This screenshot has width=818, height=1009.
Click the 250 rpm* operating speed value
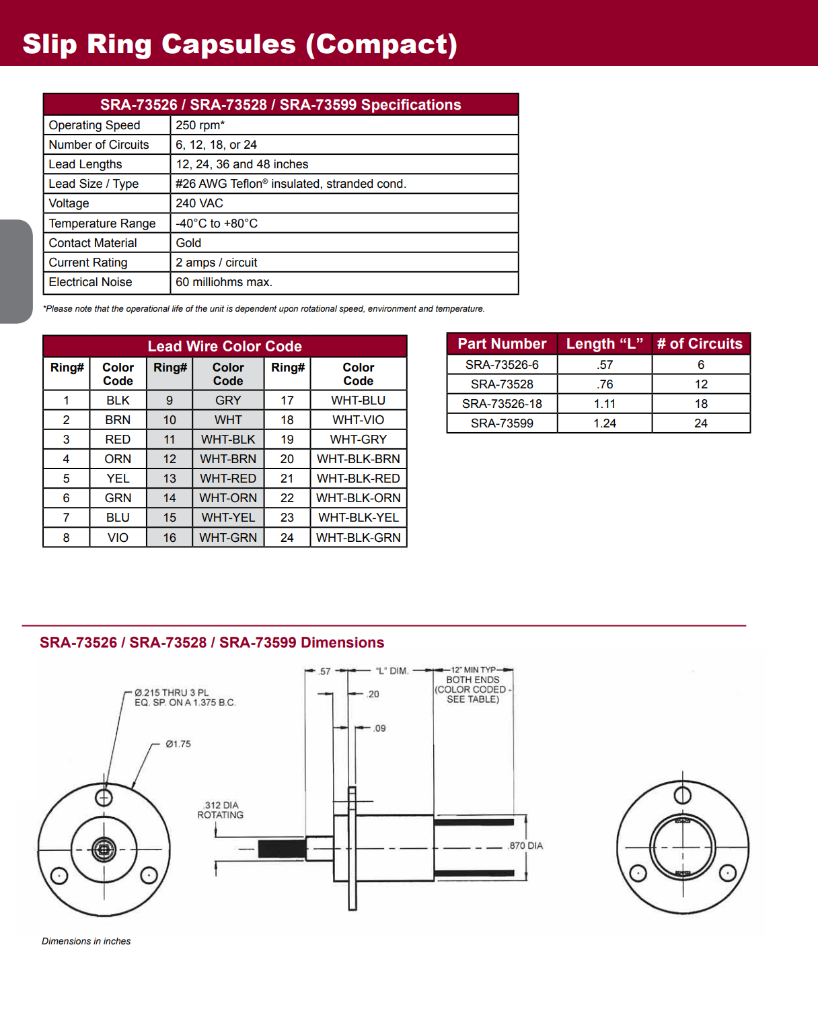pyautogui.click(x=200, y=125)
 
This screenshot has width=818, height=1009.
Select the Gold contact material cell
pyautogui.click(x=188, y=243)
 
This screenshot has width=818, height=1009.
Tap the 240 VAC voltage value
pyautogui.click(x=199, y=203)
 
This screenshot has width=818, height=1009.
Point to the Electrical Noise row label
pyautogui.click(x=90, y=282)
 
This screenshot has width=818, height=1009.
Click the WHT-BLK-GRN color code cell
pyautogui.click(x=358, y=538)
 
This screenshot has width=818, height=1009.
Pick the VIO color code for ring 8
pyautogui.click(x=118, y=538)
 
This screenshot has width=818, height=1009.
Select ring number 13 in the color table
pyautogui.click(x=170, y=479)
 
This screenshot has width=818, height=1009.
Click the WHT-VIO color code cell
pyautogui.click(x=358, y=420)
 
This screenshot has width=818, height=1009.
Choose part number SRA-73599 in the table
pyautogui.click(x=502, y=423)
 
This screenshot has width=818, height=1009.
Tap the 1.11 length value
pyautogui.click(x=604, y=404)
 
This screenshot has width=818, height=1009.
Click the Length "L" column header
pyautogui.click(x=604, y=344)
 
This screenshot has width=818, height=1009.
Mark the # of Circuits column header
pyautogui.click(x=700, y=344)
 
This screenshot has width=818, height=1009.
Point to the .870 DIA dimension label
pyautogui.click(x=525, y=845)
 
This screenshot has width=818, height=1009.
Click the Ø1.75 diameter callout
pyautogui.click(x=178, y=744)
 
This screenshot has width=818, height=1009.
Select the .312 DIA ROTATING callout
pyautogui.click(x=221, y=810)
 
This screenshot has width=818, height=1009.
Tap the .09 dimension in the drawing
pyautogui.click(x=379, y=728)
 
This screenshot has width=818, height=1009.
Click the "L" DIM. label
pyautogui.click(x=392, y=671)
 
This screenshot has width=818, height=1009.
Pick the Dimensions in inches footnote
pyautogui.click(x=86, y=941)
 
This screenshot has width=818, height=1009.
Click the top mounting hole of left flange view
pyautogui.click(x=104, y=798)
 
